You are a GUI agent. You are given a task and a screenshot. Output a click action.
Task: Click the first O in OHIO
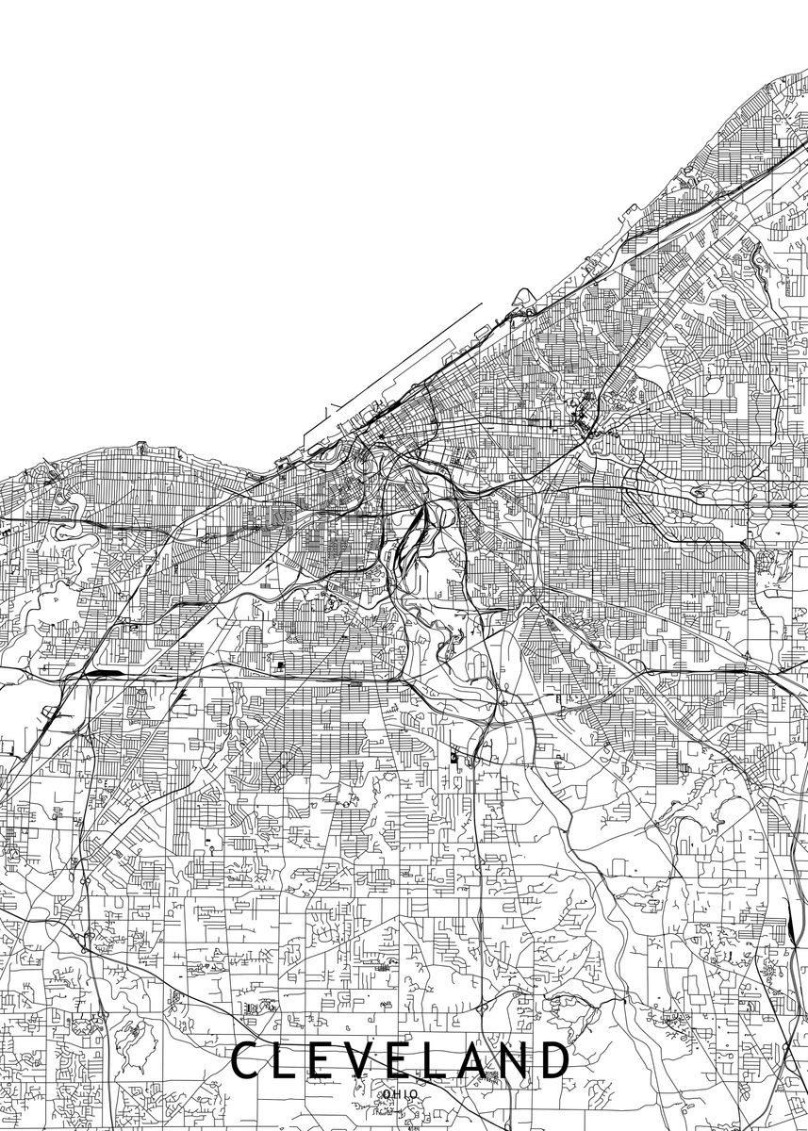387,1093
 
